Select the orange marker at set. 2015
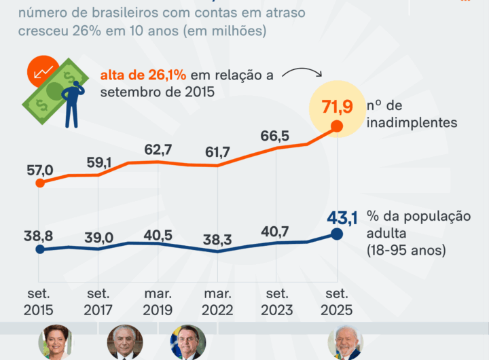(x=40, y=183)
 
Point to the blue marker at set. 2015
(x=40, y=249)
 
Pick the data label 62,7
(x=158, y=148)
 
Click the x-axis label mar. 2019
(x=158, y=302)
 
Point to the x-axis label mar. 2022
(x=218, y=302)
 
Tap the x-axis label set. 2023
(x=277, y=302)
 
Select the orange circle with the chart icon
(x=46, y=70)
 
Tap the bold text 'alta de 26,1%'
(x=143, y=75)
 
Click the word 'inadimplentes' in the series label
(x=405, y=122)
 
